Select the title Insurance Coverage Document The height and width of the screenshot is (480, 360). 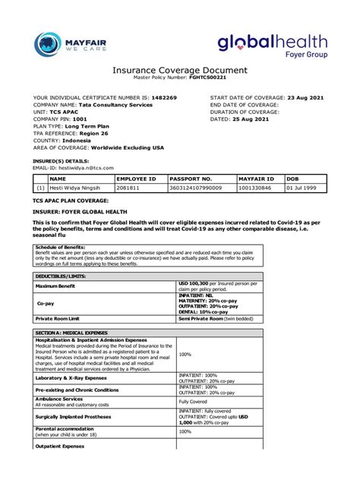(x=179, y=70)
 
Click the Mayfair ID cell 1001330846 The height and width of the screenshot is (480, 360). (x=255, y=187)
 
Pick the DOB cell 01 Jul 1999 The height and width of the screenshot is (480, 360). (x=304, y=187)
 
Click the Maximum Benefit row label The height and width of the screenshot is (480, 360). (x=57, y=286)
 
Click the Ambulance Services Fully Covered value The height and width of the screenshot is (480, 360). (x=193, y=402)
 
